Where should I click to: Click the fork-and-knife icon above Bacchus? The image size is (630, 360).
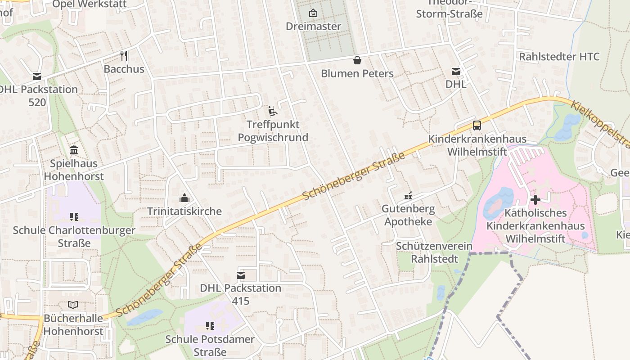(x=124, y=56)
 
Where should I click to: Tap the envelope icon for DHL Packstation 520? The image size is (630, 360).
(x=36, y=76)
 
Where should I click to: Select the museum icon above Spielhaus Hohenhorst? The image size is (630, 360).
(x=74, y=150)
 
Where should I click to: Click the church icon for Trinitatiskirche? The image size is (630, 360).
(x=184, y=198)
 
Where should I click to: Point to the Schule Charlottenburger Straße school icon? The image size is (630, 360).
(x=74, y=217)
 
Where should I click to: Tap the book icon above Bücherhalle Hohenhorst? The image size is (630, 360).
(x=73, y=305)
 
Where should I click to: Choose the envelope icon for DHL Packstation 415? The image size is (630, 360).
(x=241, y=275)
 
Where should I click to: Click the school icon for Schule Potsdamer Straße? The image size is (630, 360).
(x=209, y=325)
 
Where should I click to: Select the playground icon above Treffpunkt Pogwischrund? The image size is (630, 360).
(x=273, y=111)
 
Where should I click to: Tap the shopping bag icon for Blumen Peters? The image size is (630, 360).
(x=357, y=60)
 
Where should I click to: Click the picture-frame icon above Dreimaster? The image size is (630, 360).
(x=313, y=13)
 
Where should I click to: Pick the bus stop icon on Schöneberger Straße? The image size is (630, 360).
(x=477, y=126)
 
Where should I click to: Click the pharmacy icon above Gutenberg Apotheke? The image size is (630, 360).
(x=408, y=196)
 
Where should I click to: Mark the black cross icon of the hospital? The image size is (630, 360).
(x=535, y=199)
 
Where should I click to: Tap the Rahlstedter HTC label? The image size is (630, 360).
(x=559, y=57)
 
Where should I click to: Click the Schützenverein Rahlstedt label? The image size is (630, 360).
(x=434, y=252)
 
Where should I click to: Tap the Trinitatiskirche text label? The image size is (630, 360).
(x=184, y=211)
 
